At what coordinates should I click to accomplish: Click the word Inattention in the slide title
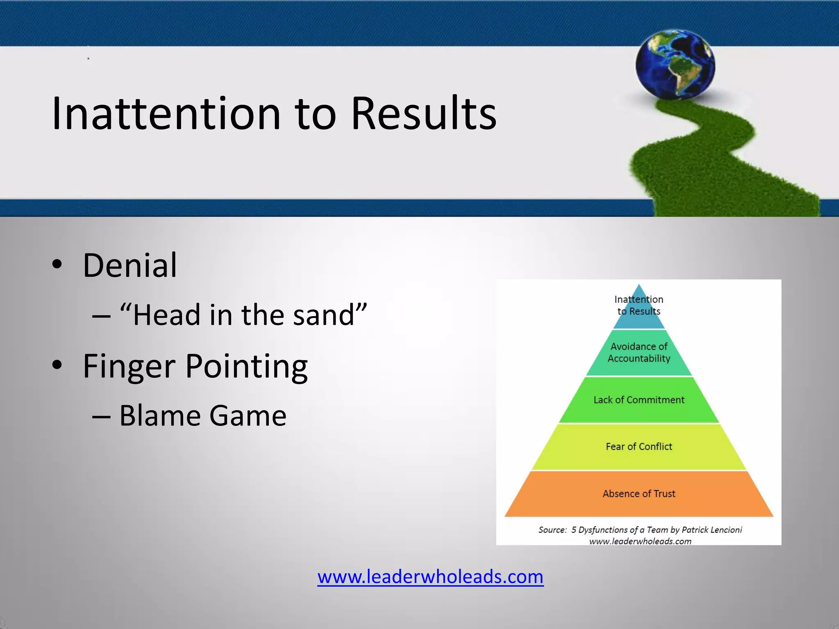pyautogui.click(x=166, y=114)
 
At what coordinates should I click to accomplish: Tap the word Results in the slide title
pyautogui.click(x=424, y=114)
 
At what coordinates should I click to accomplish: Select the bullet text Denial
pyautogui.click(x=130, y=265)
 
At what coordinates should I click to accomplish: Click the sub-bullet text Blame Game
pyautogui.click(x=202, y=416)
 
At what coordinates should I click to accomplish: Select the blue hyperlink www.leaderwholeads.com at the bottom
pyautogui.click(x=430, y=577)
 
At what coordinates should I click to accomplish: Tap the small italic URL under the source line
pyautogui.click(x=640, y=541)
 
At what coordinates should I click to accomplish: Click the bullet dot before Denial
pyautogui.click(x=57, y=265)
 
